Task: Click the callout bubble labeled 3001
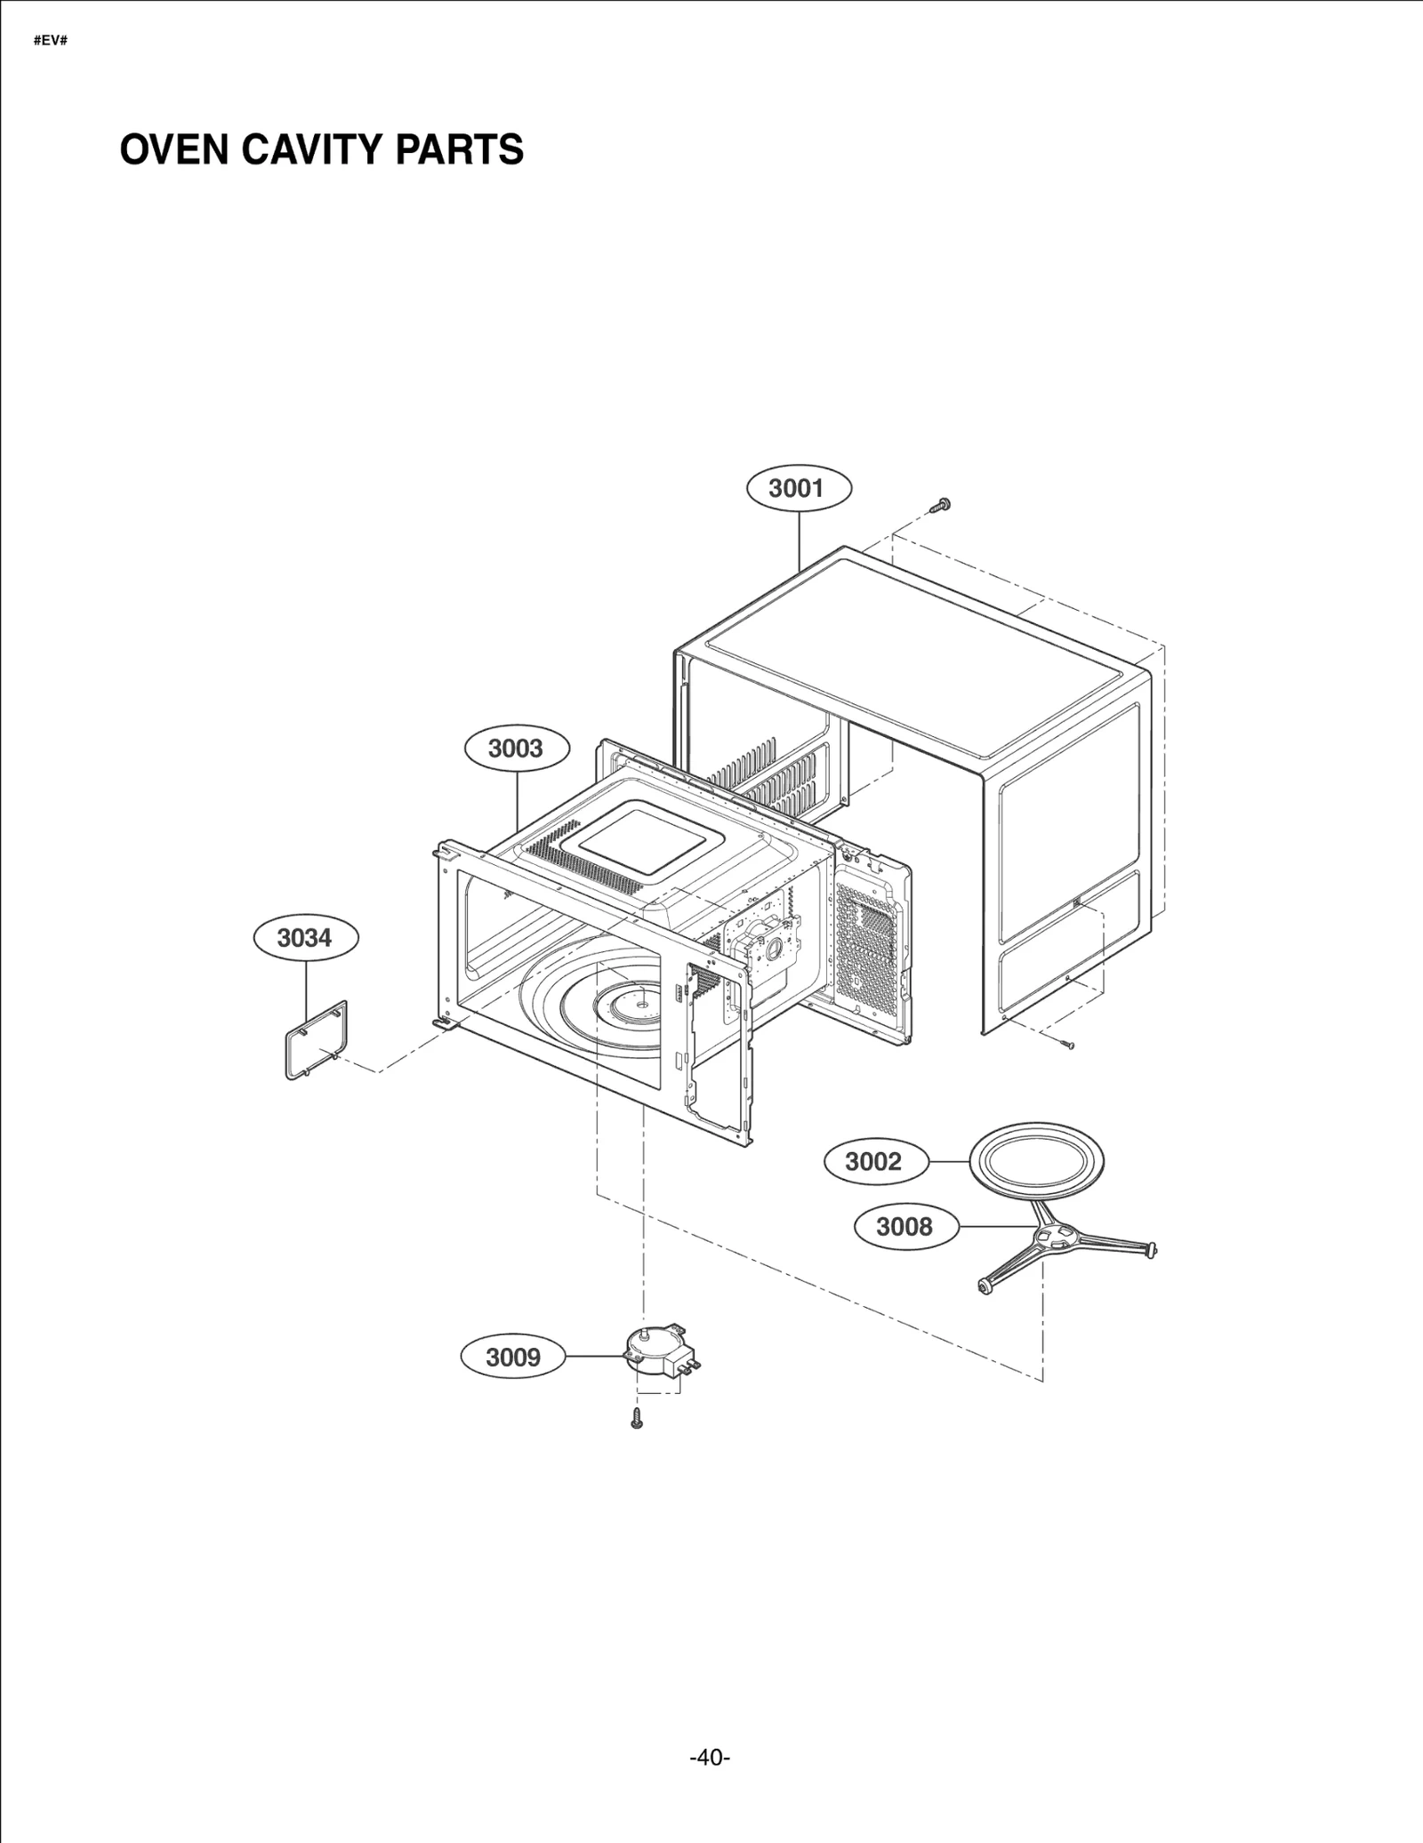point(798,488)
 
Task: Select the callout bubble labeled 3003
point(517,749)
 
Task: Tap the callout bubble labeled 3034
point(305,938)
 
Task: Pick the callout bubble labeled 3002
point(874,1161)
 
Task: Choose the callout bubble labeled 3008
point(905,1227)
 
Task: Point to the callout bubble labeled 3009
point(513,1358)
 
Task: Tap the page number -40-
point(710,1758)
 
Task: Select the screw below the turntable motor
point(636,1420)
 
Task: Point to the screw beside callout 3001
point(939,505)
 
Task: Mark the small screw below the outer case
point(1067,1044)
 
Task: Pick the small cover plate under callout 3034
point(317,1040)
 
